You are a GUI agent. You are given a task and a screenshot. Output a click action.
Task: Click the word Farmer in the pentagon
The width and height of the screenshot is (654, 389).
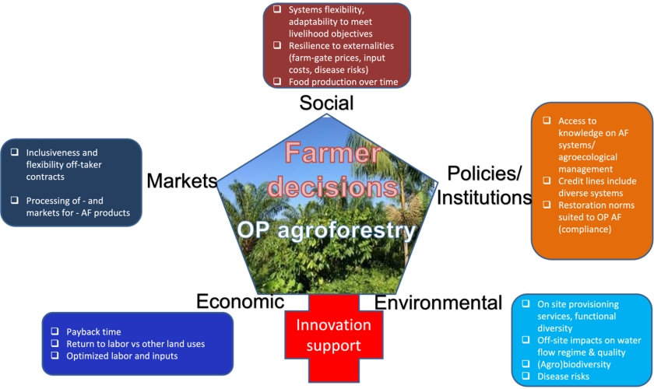326,152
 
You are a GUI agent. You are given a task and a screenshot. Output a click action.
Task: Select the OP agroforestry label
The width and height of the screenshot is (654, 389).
326,231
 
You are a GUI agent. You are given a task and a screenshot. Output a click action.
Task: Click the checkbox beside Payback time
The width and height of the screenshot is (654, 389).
56,332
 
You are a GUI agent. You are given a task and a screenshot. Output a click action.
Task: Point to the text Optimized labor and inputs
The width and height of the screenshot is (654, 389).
122,356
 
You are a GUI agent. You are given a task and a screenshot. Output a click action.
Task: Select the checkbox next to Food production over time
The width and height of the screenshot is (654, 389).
277,81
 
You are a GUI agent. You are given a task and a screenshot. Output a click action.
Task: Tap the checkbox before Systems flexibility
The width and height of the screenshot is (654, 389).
277,9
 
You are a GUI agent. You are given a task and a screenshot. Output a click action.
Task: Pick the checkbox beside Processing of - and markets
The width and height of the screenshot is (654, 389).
14,200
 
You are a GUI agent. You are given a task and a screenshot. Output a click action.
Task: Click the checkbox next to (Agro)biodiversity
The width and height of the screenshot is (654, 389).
526,364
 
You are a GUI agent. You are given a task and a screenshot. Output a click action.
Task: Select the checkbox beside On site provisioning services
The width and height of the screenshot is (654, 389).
526,303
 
